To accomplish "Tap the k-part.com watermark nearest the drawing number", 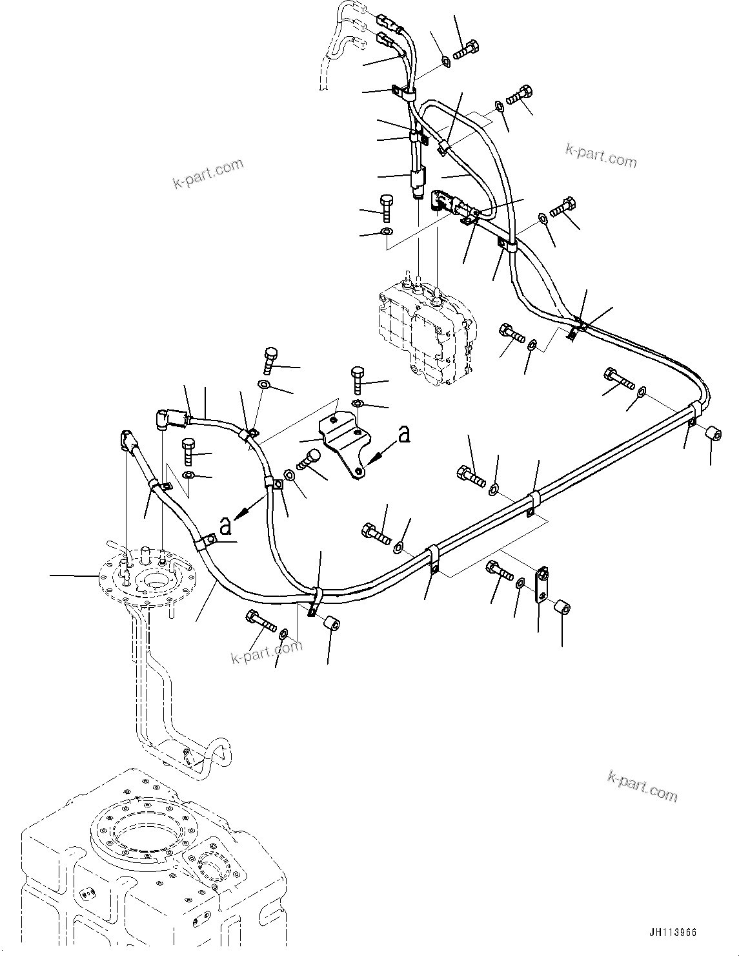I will [x=642, y=785].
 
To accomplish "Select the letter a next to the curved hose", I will [x=225, y=526].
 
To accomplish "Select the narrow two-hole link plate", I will [x=541, y=585].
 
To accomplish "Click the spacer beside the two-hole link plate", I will [x=562, y=608].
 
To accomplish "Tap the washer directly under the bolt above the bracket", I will [x=358, y=404].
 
